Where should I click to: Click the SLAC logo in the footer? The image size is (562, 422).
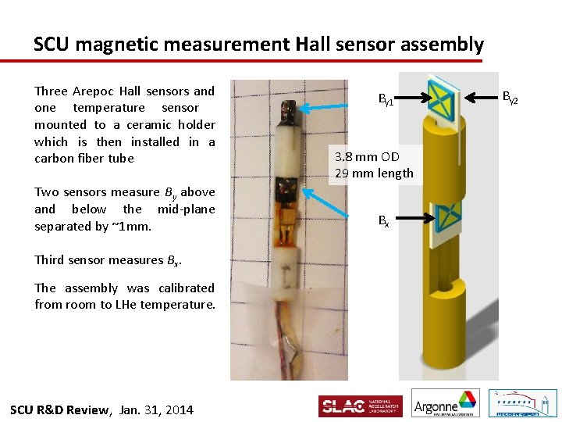pos(360,406)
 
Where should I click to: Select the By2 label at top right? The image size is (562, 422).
pos(510,98)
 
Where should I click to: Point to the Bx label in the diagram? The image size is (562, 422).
pos(383,221)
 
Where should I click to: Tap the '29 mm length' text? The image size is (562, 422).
pos(374,173)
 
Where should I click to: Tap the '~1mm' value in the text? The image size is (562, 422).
pos(133,226)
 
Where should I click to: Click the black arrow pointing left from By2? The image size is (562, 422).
pos(482,98)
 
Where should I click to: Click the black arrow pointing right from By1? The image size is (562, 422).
pos(412,98)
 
